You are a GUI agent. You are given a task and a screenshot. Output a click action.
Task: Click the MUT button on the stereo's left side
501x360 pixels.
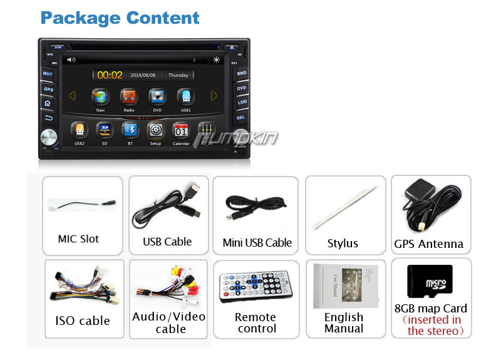click(48, 73)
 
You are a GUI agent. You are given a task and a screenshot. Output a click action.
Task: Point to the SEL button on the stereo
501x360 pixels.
click(240, 117)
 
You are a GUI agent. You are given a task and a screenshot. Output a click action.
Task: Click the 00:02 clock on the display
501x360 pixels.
click(110, 75)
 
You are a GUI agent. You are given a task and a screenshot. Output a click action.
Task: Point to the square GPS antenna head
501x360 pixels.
click(414, 193)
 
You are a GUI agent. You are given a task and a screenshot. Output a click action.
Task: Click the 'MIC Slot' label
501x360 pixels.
click(78, 239)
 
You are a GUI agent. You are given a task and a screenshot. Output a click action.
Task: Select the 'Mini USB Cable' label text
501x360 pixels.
click(257, 242)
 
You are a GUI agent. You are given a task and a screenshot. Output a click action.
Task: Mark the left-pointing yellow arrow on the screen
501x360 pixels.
click(73, 96)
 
